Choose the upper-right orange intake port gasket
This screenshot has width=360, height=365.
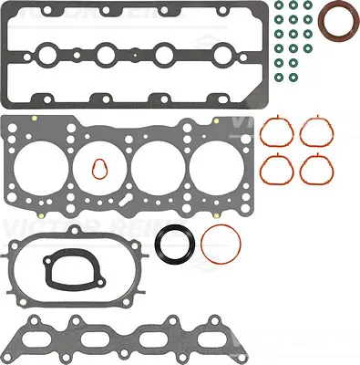pos(314,134)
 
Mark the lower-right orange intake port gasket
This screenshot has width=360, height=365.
pos(314,168)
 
